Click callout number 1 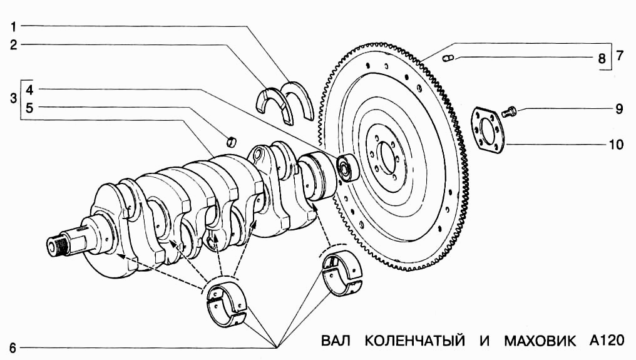click(14, 27)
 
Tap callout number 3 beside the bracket click(13, 98)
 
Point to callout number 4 click(29, 89)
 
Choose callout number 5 click(29, 108)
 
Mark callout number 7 click(618, 55)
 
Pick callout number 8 click(602, 59)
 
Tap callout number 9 click(618, 109)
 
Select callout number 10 click(616, 145)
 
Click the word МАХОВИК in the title click(539, 341)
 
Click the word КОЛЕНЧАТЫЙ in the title click(414, 341)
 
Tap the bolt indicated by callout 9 click(508, 112)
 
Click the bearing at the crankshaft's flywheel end click(346, 167)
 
